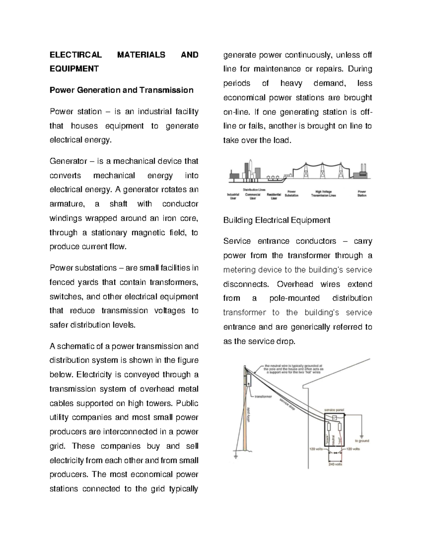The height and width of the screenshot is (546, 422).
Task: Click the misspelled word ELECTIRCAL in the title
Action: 75,55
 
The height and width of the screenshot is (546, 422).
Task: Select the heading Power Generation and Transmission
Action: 121,90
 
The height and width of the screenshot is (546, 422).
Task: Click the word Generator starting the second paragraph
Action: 68,161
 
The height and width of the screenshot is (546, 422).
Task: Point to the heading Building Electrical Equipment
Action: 276,220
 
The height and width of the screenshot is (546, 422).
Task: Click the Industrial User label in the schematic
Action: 233,196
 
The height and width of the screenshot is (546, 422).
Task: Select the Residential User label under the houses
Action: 274,196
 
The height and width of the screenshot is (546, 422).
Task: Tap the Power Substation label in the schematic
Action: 292,193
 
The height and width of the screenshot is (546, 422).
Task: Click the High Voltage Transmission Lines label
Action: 323,193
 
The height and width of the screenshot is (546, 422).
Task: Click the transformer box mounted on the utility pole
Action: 248,380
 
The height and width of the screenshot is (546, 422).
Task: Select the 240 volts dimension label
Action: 335,464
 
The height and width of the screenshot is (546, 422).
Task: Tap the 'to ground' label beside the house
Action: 362,441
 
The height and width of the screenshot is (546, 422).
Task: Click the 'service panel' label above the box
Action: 334,410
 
